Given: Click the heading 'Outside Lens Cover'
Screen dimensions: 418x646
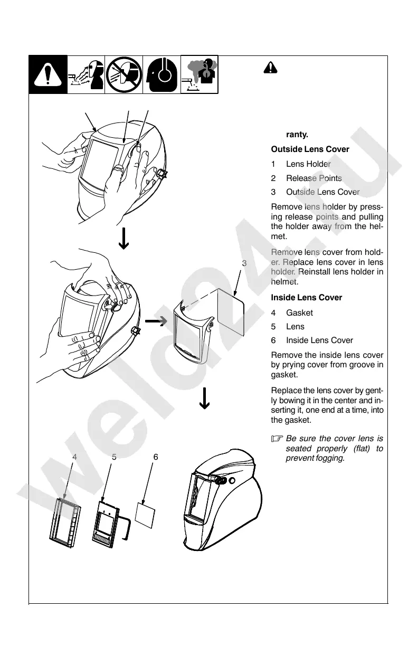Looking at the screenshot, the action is coord(310,149).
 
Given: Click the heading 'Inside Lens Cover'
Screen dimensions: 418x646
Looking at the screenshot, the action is coord(306,298).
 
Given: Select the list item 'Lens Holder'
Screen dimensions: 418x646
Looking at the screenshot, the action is coord(308,164).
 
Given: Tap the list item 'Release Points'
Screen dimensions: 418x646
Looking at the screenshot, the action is coord(313,178).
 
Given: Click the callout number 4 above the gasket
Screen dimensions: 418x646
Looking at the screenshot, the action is coord(75,457).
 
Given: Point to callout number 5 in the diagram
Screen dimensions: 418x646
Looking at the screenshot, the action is coord(114,457).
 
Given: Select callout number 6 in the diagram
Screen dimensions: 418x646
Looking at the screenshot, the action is coord(155,457).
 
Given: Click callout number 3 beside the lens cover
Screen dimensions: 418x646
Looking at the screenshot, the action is coord(244,263).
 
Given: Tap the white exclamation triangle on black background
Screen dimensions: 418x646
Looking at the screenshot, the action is coord(48,74).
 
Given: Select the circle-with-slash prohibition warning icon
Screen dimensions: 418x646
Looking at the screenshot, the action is coord(124,74).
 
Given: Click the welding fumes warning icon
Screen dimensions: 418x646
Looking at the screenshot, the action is coord(199,74).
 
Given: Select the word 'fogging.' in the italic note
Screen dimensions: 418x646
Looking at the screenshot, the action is coord(331,458).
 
